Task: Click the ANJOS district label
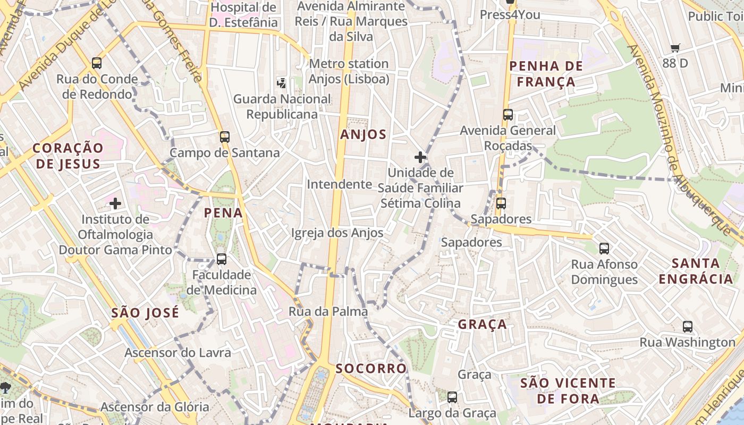363,134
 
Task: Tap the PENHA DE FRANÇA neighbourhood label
546,74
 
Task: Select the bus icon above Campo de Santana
225,137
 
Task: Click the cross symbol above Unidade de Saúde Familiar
420,157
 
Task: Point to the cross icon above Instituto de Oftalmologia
115,203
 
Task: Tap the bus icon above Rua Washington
688,327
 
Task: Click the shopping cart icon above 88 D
675,48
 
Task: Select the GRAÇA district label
483,325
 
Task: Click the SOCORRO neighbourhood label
371,368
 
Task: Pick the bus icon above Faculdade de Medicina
222,259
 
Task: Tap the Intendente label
339,184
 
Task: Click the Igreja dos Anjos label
337,233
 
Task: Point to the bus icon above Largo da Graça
452,397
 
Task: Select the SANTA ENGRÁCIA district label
696,271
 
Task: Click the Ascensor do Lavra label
177,353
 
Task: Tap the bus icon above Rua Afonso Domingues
604,248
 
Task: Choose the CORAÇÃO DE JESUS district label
68,156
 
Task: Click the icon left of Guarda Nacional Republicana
282,83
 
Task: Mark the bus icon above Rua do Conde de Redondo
97,63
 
